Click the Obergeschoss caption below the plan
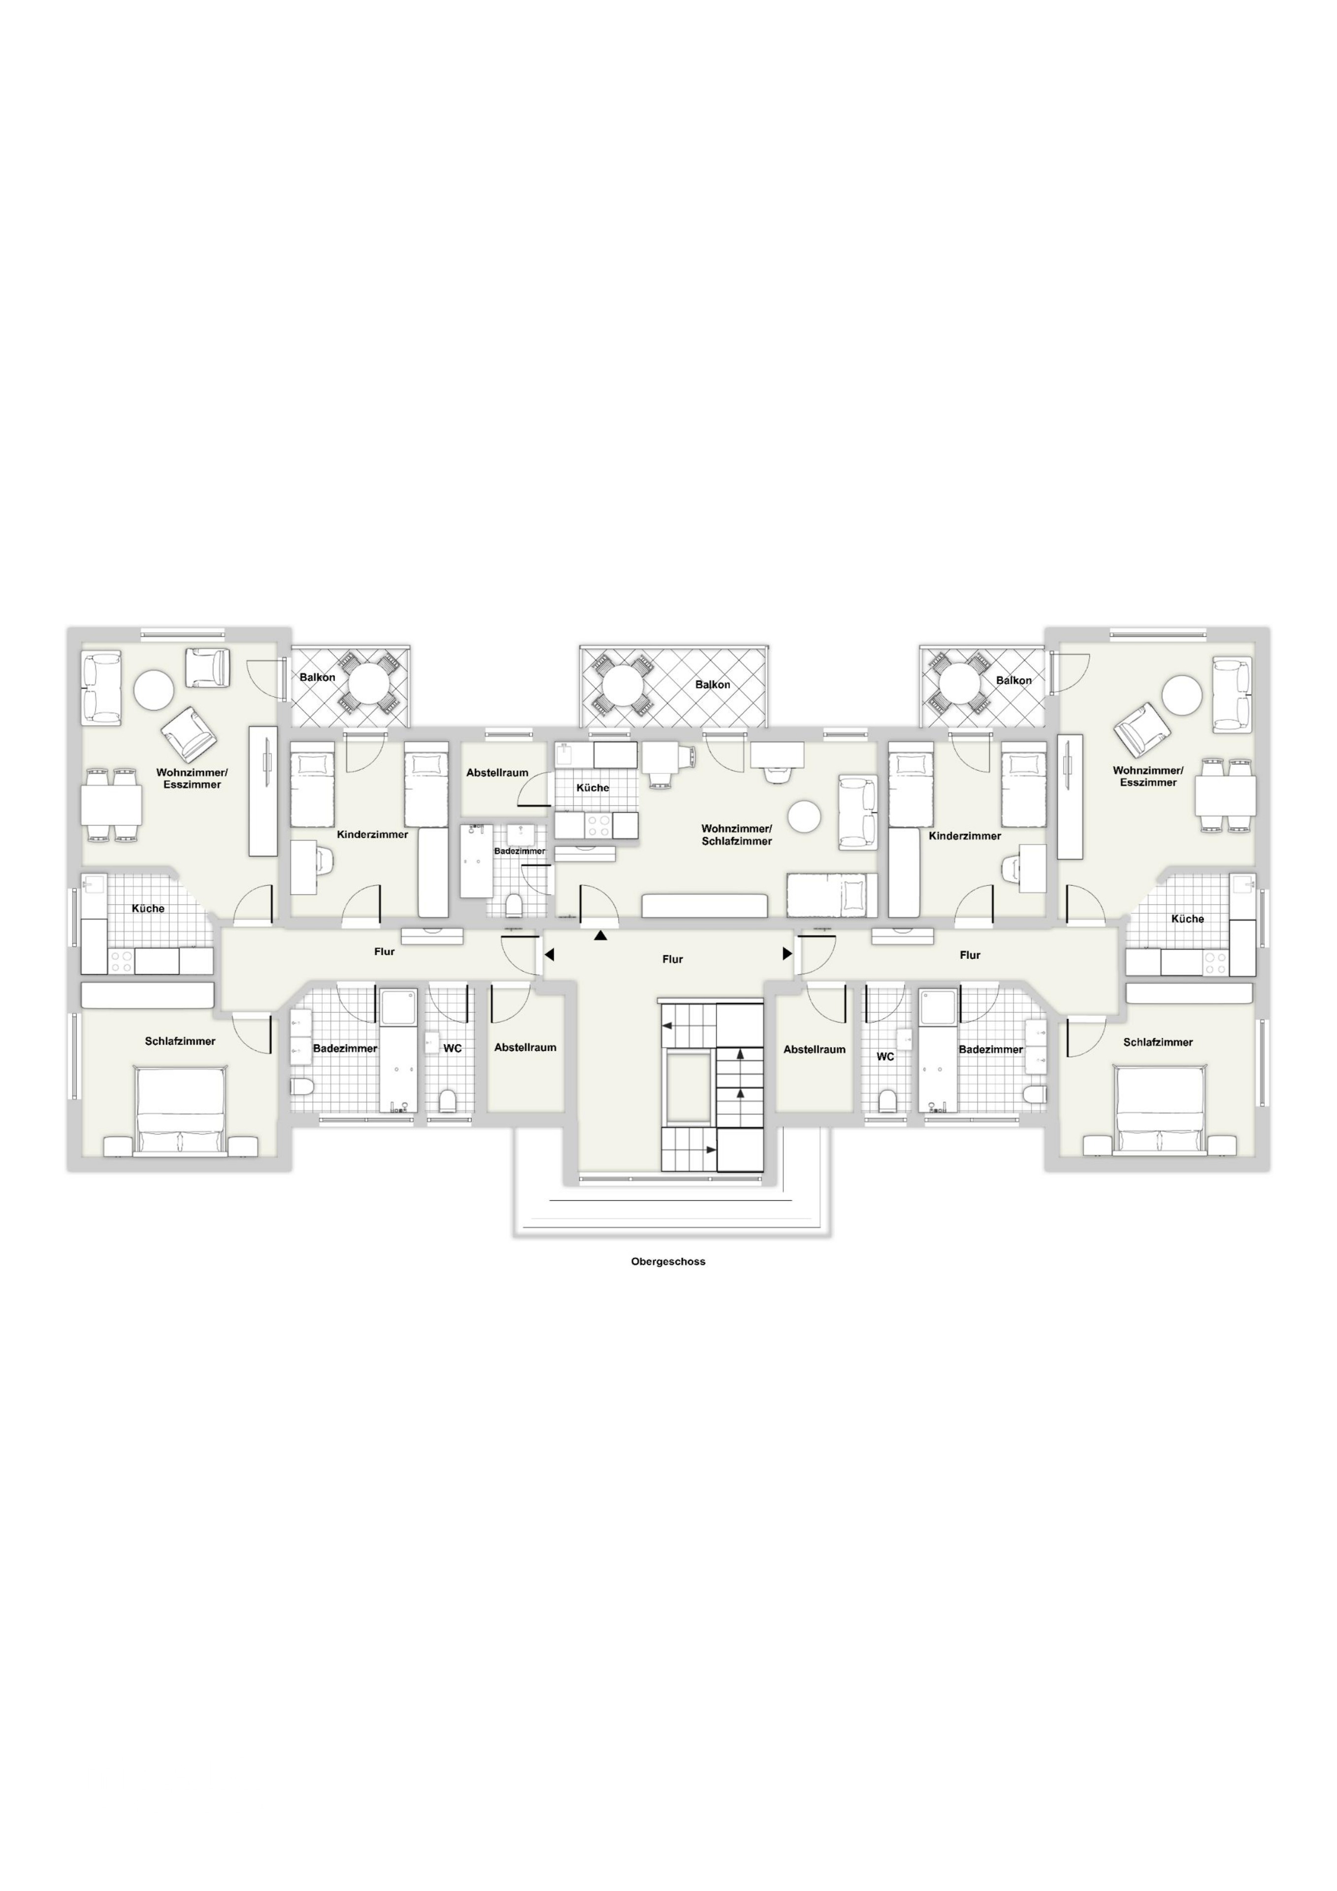pos(668,1261)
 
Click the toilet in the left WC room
pos(449,1100)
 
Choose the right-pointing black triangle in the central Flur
pos(787,954)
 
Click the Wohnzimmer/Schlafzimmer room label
pos(737,834)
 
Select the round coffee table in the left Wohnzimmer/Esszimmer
pos(154,689)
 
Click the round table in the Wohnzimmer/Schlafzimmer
pos(804,817)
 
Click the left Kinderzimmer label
pos(372,834)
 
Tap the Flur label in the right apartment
pos(970,955)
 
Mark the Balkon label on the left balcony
pos(317,677)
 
